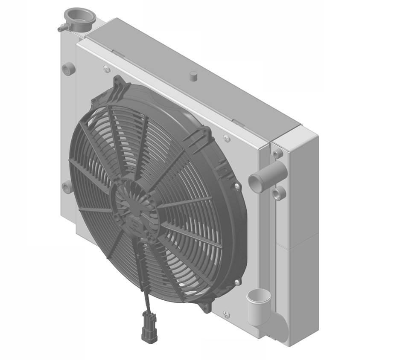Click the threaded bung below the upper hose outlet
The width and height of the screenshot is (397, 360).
279,193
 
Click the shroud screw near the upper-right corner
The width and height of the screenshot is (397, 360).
227,138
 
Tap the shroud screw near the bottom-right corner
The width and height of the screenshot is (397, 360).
226,314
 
